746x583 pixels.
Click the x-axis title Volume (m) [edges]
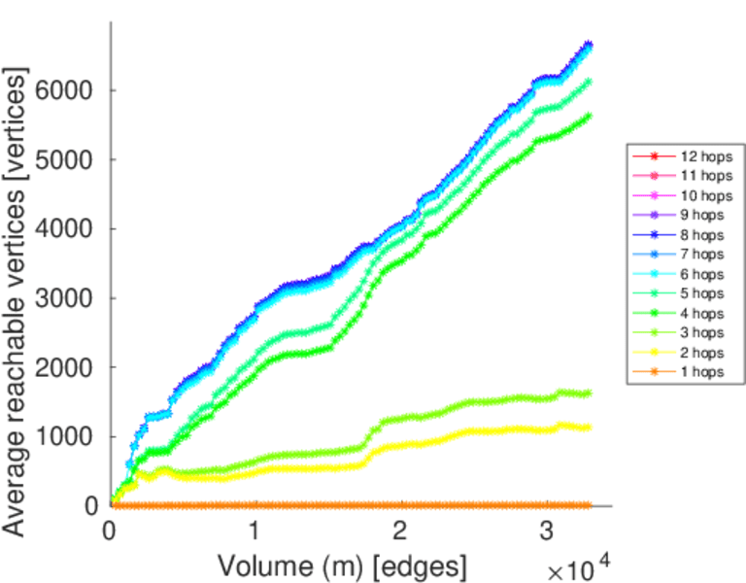point(342,565)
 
